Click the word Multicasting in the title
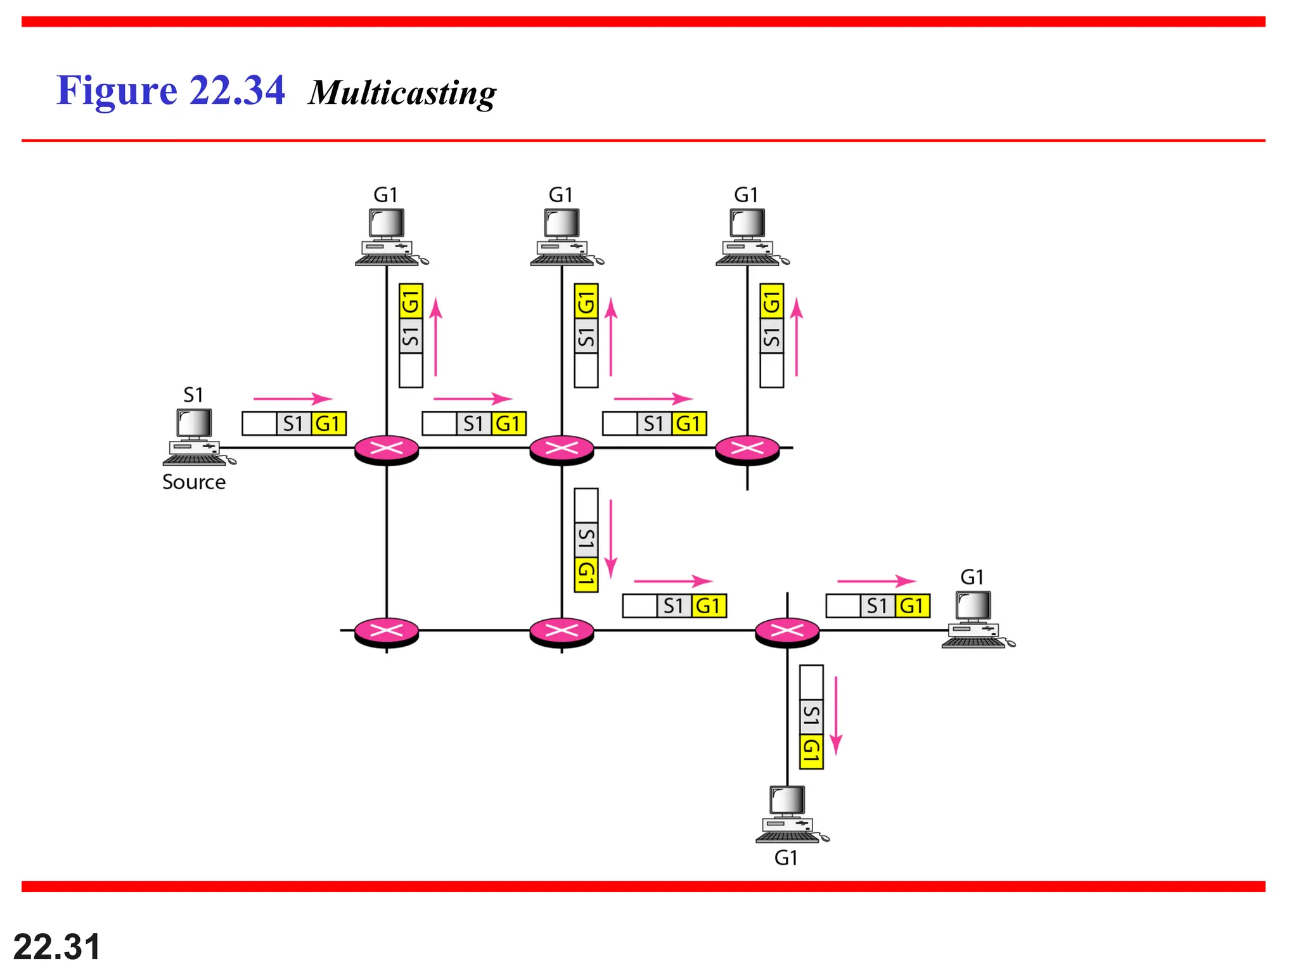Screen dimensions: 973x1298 point(402,93)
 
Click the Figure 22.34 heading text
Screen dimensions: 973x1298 point(170,91)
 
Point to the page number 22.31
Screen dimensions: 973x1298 point(56,946)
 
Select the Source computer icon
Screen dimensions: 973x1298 point(196,437)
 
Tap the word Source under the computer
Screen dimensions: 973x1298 point(194,482)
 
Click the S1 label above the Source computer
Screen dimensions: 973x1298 point(193,395)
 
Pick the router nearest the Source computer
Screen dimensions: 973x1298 point(387,450)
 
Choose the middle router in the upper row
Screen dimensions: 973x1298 point(562,450)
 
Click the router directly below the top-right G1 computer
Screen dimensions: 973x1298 point(747,450)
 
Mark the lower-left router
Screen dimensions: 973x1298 point(387,632)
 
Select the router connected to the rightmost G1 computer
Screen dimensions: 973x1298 point(787,632)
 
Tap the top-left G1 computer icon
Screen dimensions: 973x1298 point(388,237)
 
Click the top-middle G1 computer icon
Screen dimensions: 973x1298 point(563,237)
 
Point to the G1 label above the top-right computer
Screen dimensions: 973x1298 point(746,195)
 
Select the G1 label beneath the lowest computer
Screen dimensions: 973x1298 point(786,858)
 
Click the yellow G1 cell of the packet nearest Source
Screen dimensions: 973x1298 point(328,424)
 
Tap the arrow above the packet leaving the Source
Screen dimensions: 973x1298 point(292,398)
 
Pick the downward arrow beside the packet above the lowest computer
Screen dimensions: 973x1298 point(836,715)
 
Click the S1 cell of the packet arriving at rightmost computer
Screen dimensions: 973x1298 point(877,606)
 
